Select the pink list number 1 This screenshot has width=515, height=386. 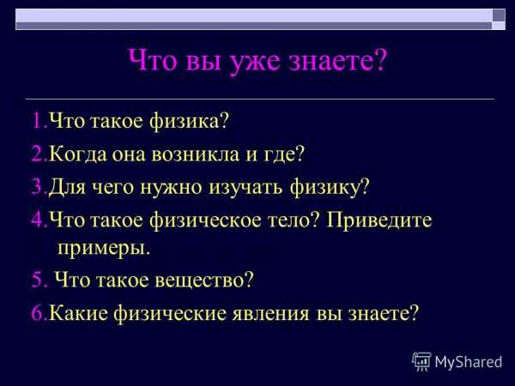tap(38, 120)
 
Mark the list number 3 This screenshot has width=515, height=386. tap(37, 187)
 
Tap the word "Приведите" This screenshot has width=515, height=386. tap(379, 220)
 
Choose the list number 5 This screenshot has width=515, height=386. tap(38, 280)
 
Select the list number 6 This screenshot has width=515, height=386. tap(38, 313)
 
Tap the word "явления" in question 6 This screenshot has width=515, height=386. tap(270, 313)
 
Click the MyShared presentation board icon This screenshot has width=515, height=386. tap(421, 361)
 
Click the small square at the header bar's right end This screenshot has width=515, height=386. tap(498, 15)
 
